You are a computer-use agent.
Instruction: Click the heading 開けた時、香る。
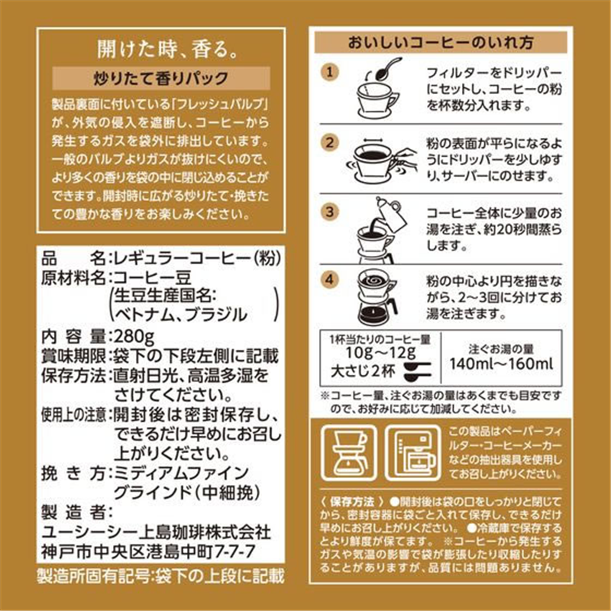(x=163, y=50)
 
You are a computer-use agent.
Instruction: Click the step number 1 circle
(x=330, y=72)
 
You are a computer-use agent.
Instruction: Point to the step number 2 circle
(x=330, y=142)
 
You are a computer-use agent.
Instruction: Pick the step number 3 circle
(x=330, y=212)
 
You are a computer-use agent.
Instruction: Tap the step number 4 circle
(x=330, y=280)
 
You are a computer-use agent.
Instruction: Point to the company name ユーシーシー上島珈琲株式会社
(x=153, y=531)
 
